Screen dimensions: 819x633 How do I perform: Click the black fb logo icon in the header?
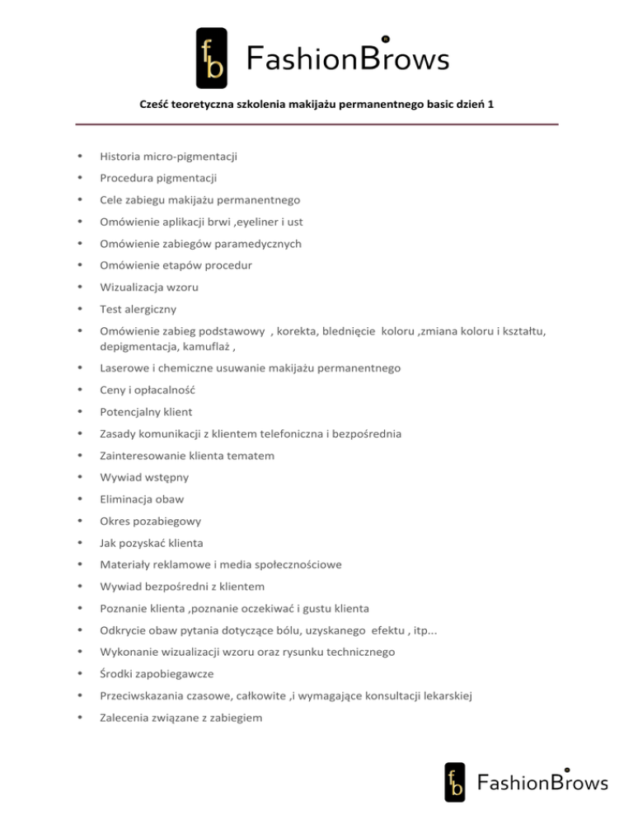point(211,58)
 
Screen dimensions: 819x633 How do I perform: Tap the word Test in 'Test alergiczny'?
point(110,310)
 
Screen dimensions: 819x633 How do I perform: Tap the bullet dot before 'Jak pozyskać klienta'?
point(78,544)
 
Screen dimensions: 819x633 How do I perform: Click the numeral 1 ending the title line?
point(491,106)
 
